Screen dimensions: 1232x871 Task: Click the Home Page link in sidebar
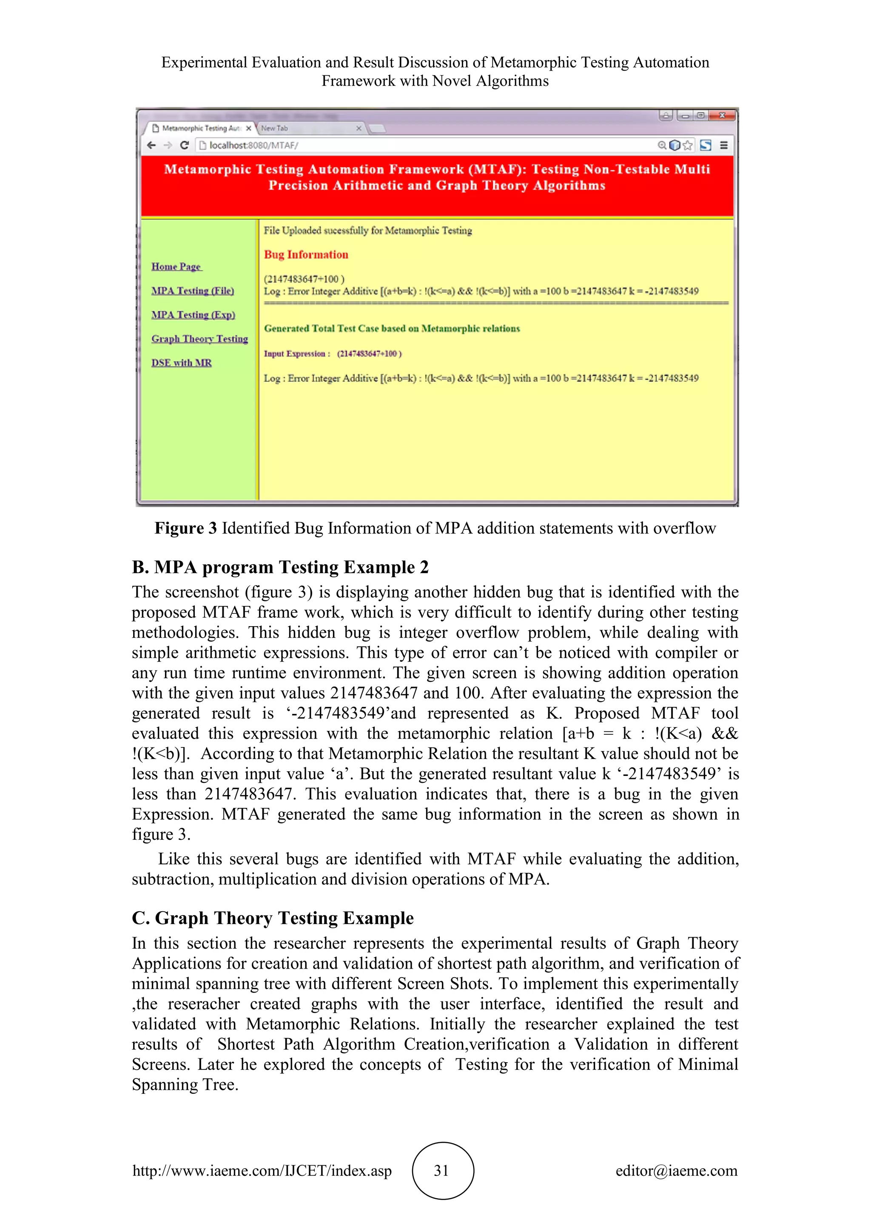pyautogui.click(x=176, y=267)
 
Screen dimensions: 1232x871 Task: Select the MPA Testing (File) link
pyautogui.click(x=193, y=291)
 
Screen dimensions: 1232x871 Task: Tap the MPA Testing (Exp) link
pyautogui.click(x=193, y=315)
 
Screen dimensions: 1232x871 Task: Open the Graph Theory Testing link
pyautogui.click(x=199, y=339)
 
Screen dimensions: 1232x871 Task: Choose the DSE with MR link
pyautogui.click(x=181, y=363)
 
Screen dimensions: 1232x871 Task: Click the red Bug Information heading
pyautogui.click(x=306, y=255)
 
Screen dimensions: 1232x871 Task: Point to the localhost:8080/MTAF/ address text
pyautogui.click(x=253, y=145)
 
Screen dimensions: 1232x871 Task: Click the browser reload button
pyautogui.click(x=185, y=145)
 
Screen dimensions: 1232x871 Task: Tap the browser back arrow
pyautogui.click(x=151, y=145)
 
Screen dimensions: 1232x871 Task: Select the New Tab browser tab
pyautogui.click(x=275, y=128)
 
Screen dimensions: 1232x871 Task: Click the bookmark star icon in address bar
pyautogui.click(x=688, y=145)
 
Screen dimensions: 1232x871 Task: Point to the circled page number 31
pyautogui.click(x=442, y=1170)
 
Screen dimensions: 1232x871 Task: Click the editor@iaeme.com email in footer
pyautogui.click(x=676, y=1170)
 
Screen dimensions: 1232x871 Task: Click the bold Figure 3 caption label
pyautogui.click(x=185, y=528)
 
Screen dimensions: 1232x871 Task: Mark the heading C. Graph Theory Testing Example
pyautogui.click(x=273, y=918)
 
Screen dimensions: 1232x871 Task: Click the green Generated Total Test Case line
pyautogui.click(x=392, y=328)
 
